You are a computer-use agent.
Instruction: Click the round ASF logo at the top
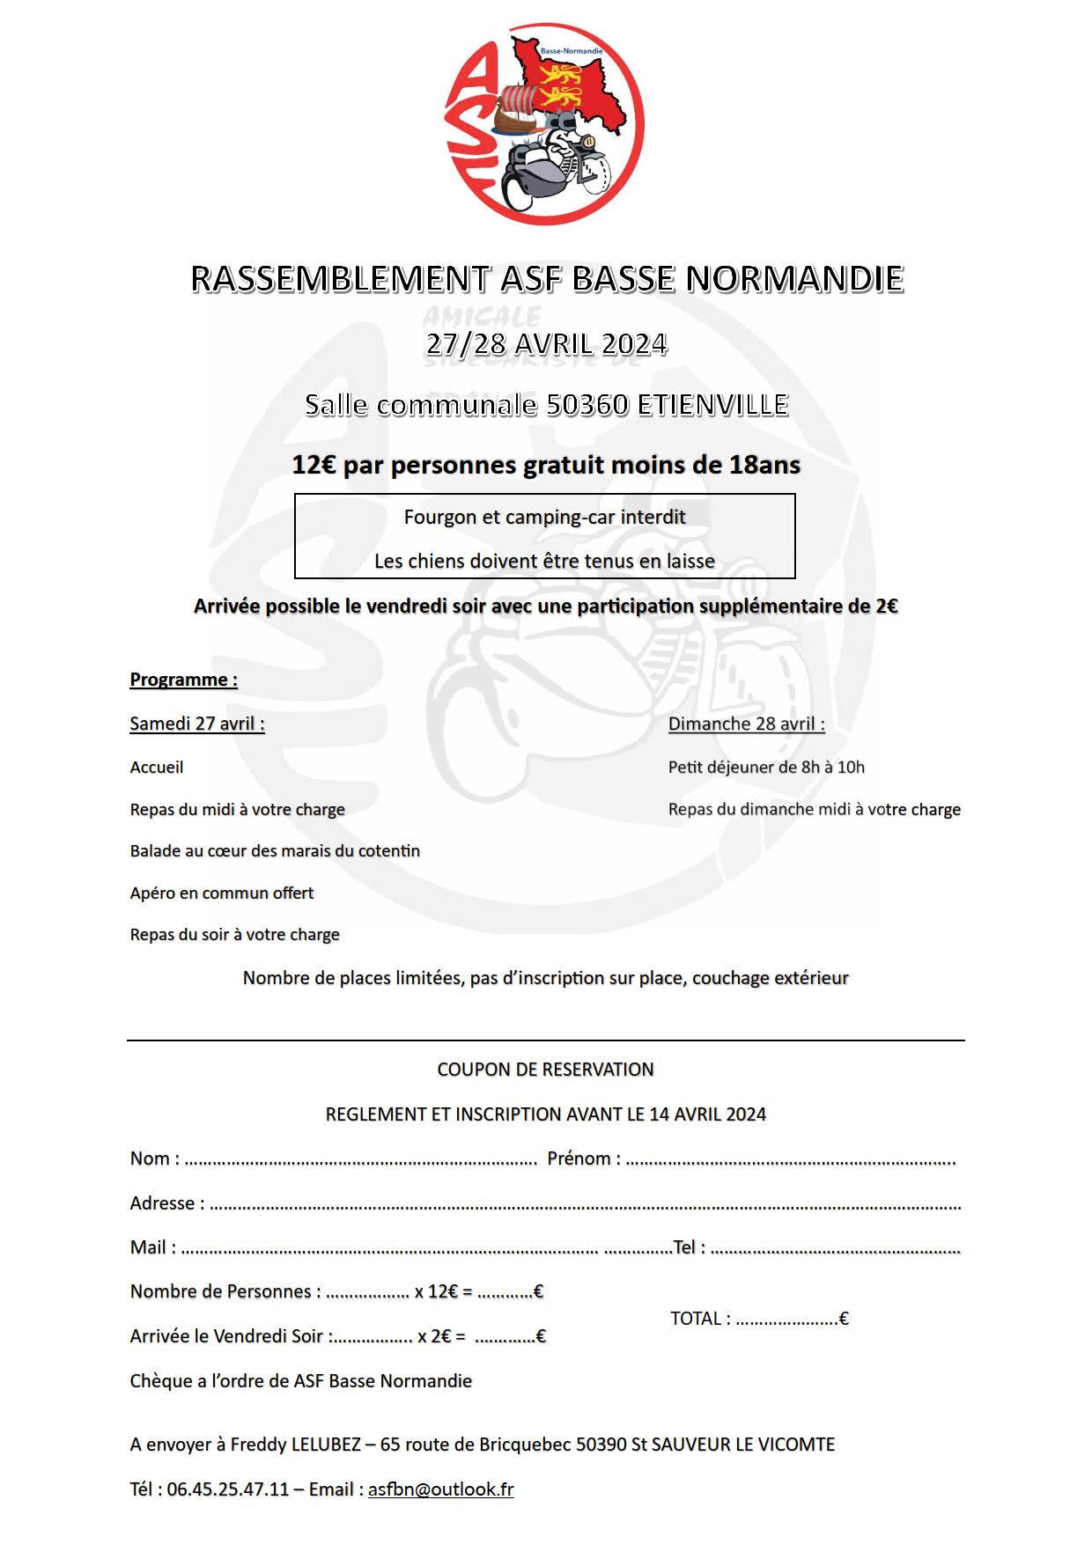[545, 123]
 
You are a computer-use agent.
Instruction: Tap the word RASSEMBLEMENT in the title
[339, 278]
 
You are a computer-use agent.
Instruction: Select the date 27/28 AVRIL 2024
[546, 342]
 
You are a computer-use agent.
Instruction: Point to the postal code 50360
[587, 404]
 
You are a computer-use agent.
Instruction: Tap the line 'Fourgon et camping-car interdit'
[544, 517]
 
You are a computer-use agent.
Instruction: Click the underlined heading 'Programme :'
[183, 680]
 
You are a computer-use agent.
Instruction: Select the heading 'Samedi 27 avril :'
[197, 724]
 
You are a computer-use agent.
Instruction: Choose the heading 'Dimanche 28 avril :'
[746, 724]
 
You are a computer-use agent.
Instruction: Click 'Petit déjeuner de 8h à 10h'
[766, 767]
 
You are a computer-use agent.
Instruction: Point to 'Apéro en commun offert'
[222, 893]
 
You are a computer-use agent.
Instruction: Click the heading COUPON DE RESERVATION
[545, 1070]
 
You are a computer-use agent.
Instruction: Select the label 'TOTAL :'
[700, 1319]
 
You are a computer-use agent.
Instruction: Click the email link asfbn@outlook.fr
[440, 1489]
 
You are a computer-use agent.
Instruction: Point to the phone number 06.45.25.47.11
[227, 1489]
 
